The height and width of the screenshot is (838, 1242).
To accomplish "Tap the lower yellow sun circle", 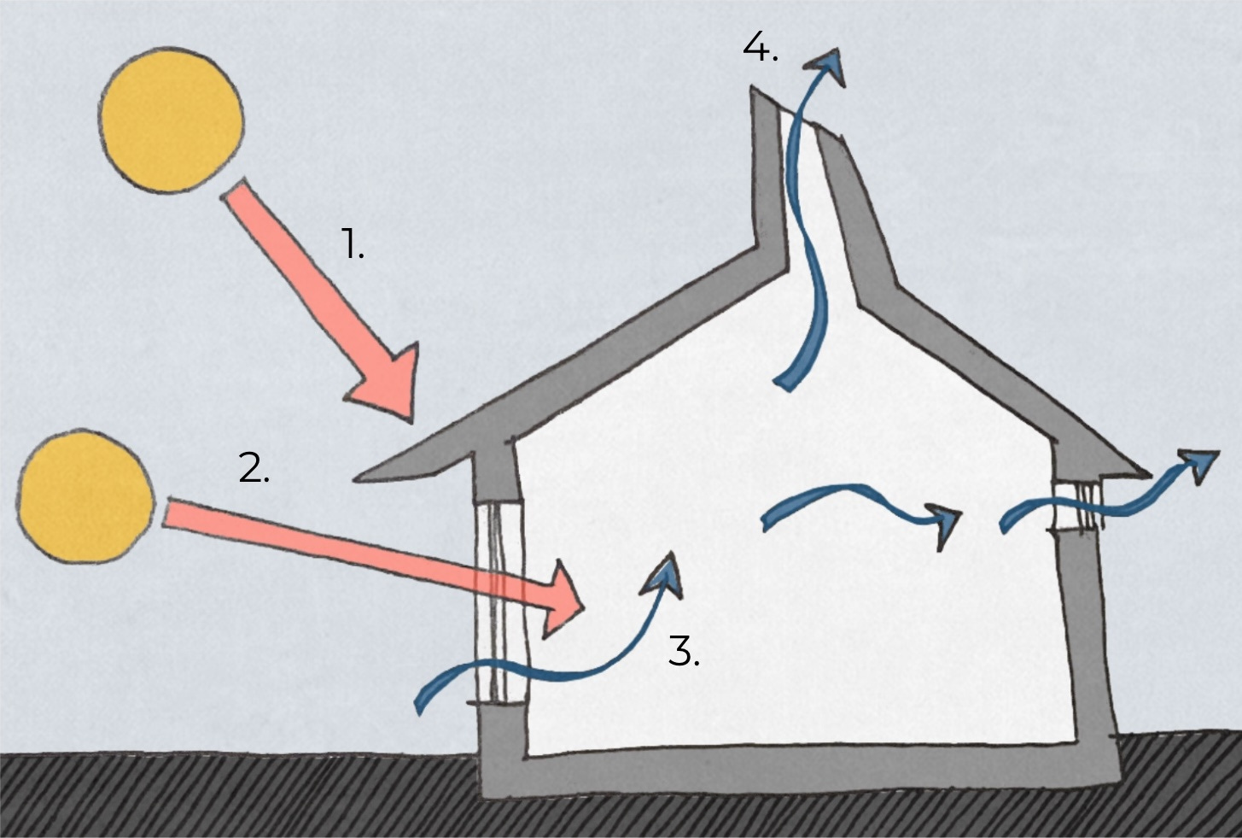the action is click(x=85, y=497).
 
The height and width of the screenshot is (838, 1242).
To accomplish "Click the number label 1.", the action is click(x=353, y=244).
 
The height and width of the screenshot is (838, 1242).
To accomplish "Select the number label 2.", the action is click(x=254, y=468).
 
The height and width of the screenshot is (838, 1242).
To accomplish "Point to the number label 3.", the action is click(x=683, y=652).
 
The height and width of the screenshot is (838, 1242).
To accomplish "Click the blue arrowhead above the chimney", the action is click(x=826, y=65).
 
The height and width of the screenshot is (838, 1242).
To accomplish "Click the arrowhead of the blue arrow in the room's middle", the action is click(x=946, y=523).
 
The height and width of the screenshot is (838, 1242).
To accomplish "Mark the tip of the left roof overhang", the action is click(x=359, y=478).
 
